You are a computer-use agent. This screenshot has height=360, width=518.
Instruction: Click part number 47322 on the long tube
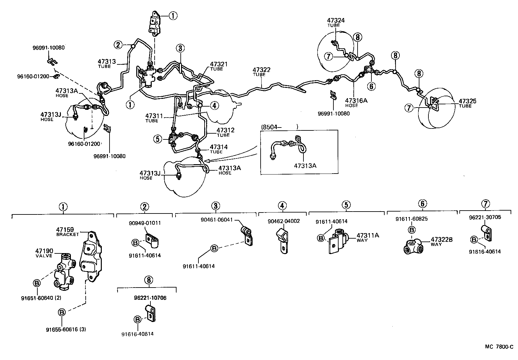pyautogui.click(x=261, y=70)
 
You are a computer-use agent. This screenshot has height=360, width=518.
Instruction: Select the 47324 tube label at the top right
pyautogui.click(x=336, y=21)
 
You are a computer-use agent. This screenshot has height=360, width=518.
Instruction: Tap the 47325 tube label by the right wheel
pyautogui.click(x=467, y=101)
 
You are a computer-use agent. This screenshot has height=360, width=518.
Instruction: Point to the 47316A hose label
pyautogui.click(x=356, y=100)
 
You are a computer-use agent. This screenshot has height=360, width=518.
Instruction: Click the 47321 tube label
pyautogui.click(x=219, y=64)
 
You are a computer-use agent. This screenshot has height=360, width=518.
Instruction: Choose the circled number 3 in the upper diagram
pyautogui.click(x=180, y=49)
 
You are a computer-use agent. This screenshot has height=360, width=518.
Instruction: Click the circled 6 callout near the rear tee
pyautogui.click(x=371, y=86)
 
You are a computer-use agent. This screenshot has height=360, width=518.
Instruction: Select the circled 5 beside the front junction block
pyautogui.click(x=157, y=139)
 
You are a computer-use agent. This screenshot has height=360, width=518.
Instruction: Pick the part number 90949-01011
pyautogui.click(x=145, y=223)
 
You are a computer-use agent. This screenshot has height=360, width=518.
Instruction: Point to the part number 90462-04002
pyautogui.click(x=283, y=222)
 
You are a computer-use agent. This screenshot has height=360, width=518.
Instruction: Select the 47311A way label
pyautogui.click(x=368, y=235)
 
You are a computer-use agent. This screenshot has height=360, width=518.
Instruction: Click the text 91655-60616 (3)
pyautogui.click(x=66, y=329)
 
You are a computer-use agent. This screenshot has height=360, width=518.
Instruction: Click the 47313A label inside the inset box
pyautogui.click(x=305, y=166)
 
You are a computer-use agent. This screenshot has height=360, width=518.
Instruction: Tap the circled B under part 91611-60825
pyautogui.click(x=411, y=230)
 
